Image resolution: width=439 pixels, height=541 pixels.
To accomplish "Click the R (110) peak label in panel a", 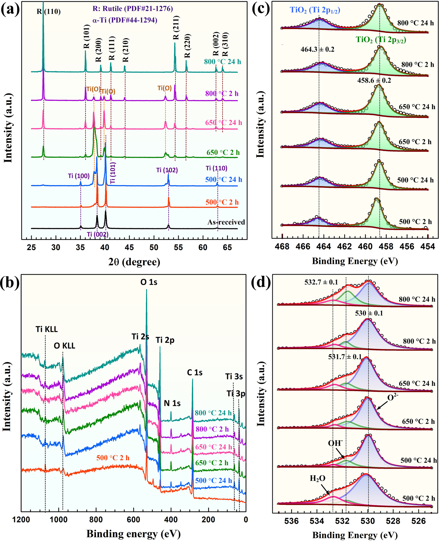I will (48, 12).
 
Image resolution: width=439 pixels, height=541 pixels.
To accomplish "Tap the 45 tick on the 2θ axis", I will (129, 248).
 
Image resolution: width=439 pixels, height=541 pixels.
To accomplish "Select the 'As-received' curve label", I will (226, 222).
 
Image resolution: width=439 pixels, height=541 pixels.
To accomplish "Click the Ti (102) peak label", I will (167, 170).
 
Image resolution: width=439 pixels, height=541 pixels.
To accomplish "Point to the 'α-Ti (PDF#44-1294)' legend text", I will (125, 20).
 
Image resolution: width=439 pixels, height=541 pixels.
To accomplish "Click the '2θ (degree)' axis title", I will (134, 262).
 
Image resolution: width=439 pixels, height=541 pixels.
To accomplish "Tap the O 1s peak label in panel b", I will (149, 282).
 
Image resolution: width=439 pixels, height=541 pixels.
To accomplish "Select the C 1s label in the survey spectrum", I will (195, 372).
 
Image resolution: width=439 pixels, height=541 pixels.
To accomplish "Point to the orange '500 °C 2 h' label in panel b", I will (113, 458).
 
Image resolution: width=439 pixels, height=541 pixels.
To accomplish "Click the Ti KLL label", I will (47, 329).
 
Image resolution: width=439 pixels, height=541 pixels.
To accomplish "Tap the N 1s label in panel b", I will (172, 403).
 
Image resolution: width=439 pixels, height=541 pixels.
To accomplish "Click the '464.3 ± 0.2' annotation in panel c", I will (317, 50).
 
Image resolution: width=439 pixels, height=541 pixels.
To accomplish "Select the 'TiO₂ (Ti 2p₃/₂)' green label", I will (381, 40).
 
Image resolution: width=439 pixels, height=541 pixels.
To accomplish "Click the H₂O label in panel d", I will (317, 478).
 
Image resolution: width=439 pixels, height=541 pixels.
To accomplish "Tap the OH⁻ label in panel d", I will (336, 443).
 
